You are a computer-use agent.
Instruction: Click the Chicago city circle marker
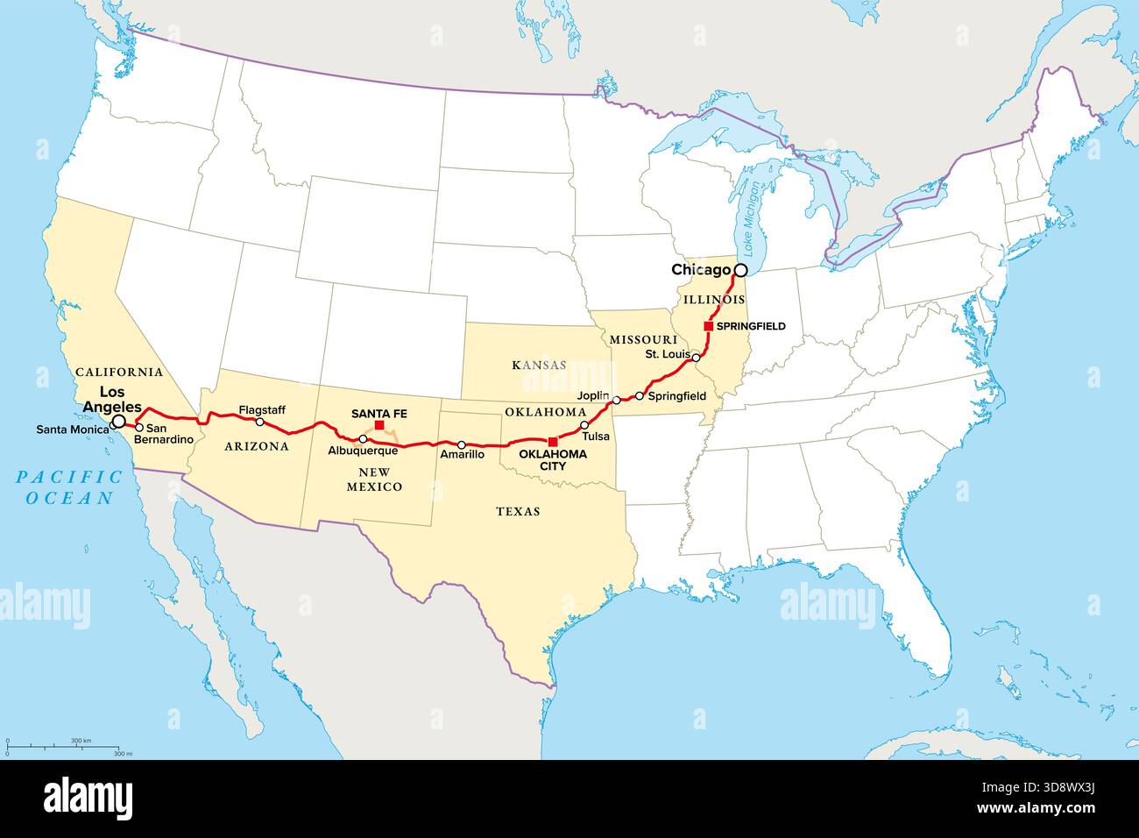point(741,270)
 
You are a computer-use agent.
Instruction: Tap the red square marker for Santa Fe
point(379,425)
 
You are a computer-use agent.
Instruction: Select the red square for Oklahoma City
point(552,441)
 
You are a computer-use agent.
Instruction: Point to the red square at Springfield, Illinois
point(708,326)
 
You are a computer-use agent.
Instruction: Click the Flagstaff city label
point(261,409)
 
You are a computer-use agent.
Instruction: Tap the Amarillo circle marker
point(462,445)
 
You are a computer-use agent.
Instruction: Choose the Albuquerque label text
point(363,451)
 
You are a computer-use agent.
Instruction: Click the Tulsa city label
point(595,436)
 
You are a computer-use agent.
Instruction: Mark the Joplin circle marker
point(617,400)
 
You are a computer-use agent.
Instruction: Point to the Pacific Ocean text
point(69,487)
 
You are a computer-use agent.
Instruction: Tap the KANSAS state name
point(538,364)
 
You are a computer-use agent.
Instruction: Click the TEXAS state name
point(518,511)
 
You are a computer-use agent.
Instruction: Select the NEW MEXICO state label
point(374,479)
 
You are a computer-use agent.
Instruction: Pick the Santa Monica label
point(73,430)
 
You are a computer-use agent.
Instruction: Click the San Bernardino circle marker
point(138,428)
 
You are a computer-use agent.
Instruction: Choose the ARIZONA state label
point(257,446)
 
